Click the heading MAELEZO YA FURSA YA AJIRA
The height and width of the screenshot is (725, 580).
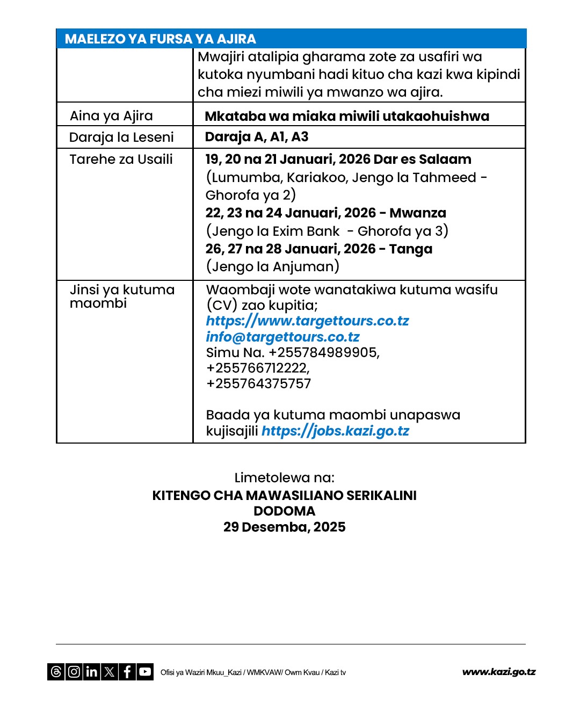[160, 39]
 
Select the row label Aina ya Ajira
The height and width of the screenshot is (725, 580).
[111, 116]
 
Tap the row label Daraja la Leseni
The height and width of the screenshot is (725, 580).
[121, 137]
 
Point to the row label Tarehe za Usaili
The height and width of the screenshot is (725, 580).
[121, 160]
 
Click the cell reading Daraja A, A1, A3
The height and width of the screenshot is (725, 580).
[257, 137]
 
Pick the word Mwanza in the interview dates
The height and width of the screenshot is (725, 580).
[418, 213]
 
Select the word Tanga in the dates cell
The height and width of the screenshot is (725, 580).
[411, 249]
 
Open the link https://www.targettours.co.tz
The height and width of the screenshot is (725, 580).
[307, 321]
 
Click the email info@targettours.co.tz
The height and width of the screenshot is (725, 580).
[282, 337]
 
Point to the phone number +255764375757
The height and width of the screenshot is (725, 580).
[258, 384]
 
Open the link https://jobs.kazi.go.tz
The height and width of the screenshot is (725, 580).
[335, 431]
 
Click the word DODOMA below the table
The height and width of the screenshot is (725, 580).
[284, 511]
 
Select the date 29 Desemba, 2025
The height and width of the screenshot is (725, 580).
[284, 527]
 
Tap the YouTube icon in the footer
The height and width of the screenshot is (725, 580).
[145, 672]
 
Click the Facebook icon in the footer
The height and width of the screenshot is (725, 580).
[127, 672]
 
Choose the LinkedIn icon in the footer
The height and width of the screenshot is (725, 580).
[92, 672]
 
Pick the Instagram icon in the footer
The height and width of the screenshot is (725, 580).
[74, 672]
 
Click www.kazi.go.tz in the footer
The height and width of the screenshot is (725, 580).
[498, 672]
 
